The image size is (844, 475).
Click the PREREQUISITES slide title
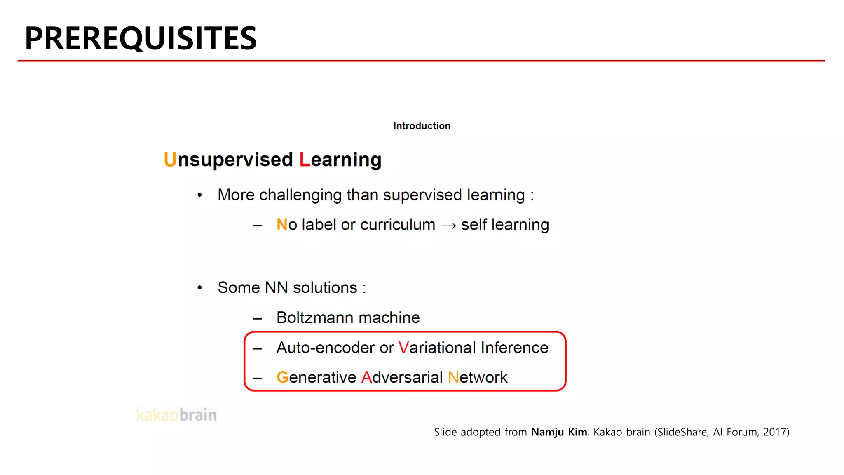coord(141,38)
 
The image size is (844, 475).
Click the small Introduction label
coord(422,126)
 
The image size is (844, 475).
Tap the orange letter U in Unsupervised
coord(170,160)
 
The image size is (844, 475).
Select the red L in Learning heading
coord(305,160)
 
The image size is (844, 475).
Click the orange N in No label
coord(282,225)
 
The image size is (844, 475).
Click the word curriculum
coord(397,225)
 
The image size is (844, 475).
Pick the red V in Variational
coord(403,348)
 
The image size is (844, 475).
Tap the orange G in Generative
coord(282,378)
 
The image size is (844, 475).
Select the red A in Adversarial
coord(366,378)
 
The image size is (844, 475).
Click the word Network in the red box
coord(478,378)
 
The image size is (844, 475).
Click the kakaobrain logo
coord(176,415)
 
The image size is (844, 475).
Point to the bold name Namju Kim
coord(559,432)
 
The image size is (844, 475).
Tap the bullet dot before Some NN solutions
coord(200,288)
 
